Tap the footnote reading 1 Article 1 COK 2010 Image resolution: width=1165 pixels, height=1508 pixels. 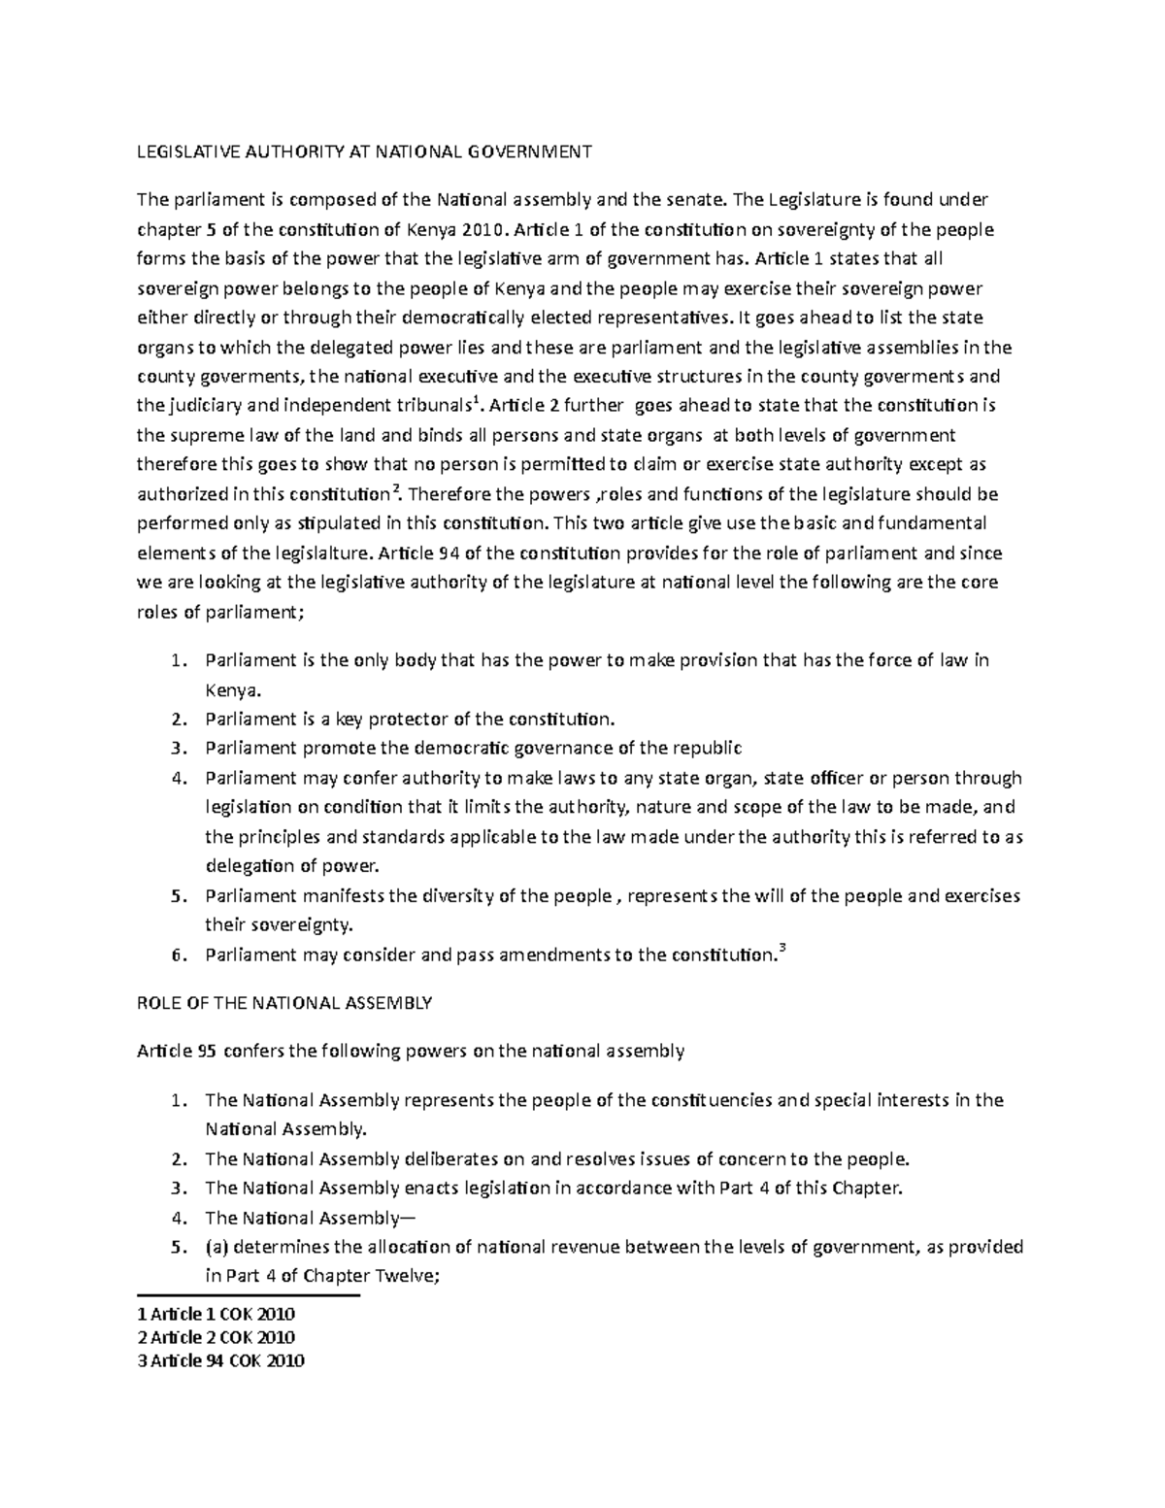click(x=216, y=1314)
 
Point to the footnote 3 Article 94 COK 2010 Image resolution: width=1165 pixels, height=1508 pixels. click(x=221, y=1360)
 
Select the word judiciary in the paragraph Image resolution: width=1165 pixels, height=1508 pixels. click(x=211, y=406)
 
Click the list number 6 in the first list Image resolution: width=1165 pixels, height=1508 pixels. click(x=176, y=955)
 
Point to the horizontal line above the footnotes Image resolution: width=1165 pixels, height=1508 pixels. click(x=250, y=1295)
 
